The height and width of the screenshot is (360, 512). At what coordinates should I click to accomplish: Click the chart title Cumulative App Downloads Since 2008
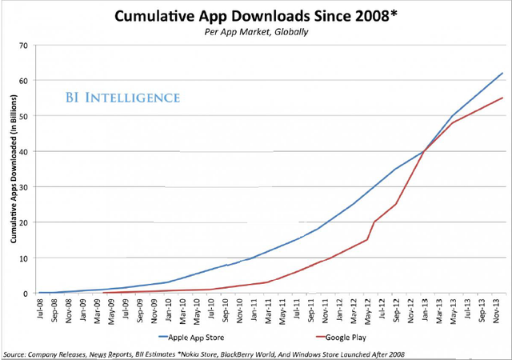click(256, 15)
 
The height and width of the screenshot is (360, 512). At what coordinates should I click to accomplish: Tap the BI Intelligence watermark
click(122, 98)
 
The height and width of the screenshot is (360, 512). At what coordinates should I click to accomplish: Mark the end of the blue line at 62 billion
click(502, 73)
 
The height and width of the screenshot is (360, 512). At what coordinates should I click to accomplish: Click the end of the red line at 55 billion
click(502, 98)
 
